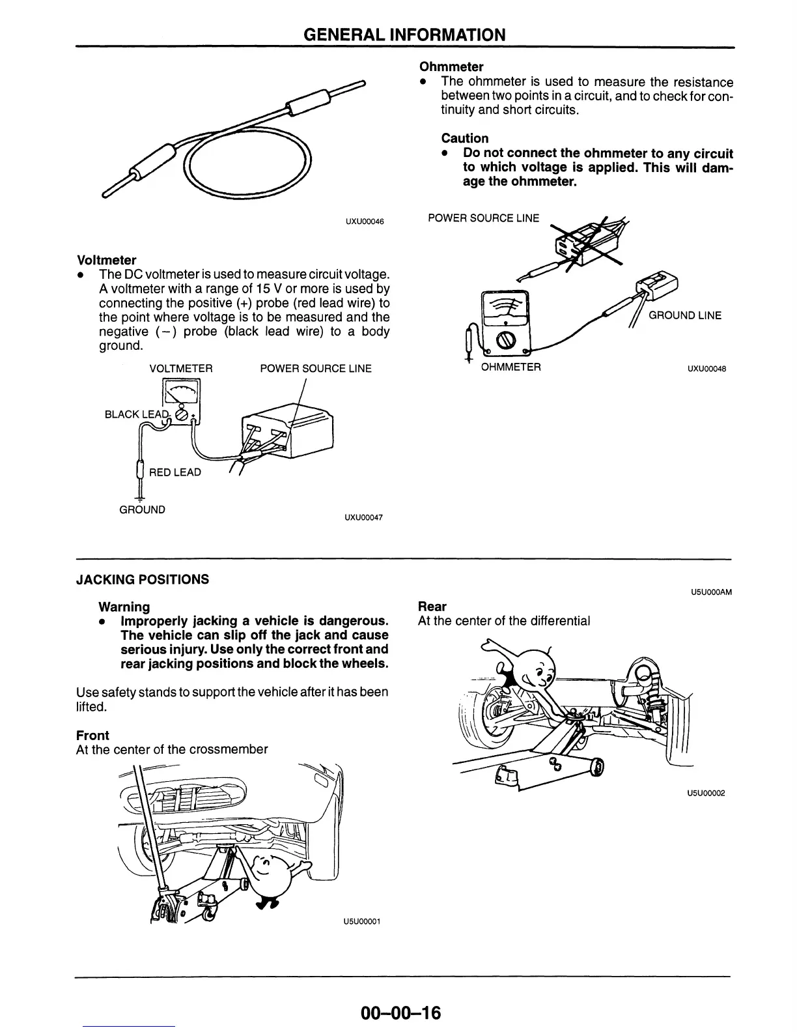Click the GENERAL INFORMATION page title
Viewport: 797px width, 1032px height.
(404, 35)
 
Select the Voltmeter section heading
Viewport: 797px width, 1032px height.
(106, 260)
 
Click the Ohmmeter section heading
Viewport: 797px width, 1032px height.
(451, 66)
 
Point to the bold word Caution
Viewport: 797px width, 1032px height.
(464, 138)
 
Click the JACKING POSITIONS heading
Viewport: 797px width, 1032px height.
(143, 579)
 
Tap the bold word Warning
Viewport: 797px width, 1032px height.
(124, 607)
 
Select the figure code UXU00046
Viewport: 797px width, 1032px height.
(364, 222)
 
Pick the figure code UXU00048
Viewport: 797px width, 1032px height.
(706, 369)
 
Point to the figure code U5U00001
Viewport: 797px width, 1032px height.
(361, 921)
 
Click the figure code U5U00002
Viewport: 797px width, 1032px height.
(706, 793)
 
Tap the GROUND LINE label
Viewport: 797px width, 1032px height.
(685, 315)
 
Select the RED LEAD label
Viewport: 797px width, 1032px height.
(175, 472)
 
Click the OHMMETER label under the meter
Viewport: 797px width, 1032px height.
(510, 367)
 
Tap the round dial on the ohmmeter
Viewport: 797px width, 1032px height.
(507, 339)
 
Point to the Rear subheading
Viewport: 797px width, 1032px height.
(432, 607)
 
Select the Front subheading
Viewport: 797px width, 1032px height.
(92, 735)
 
